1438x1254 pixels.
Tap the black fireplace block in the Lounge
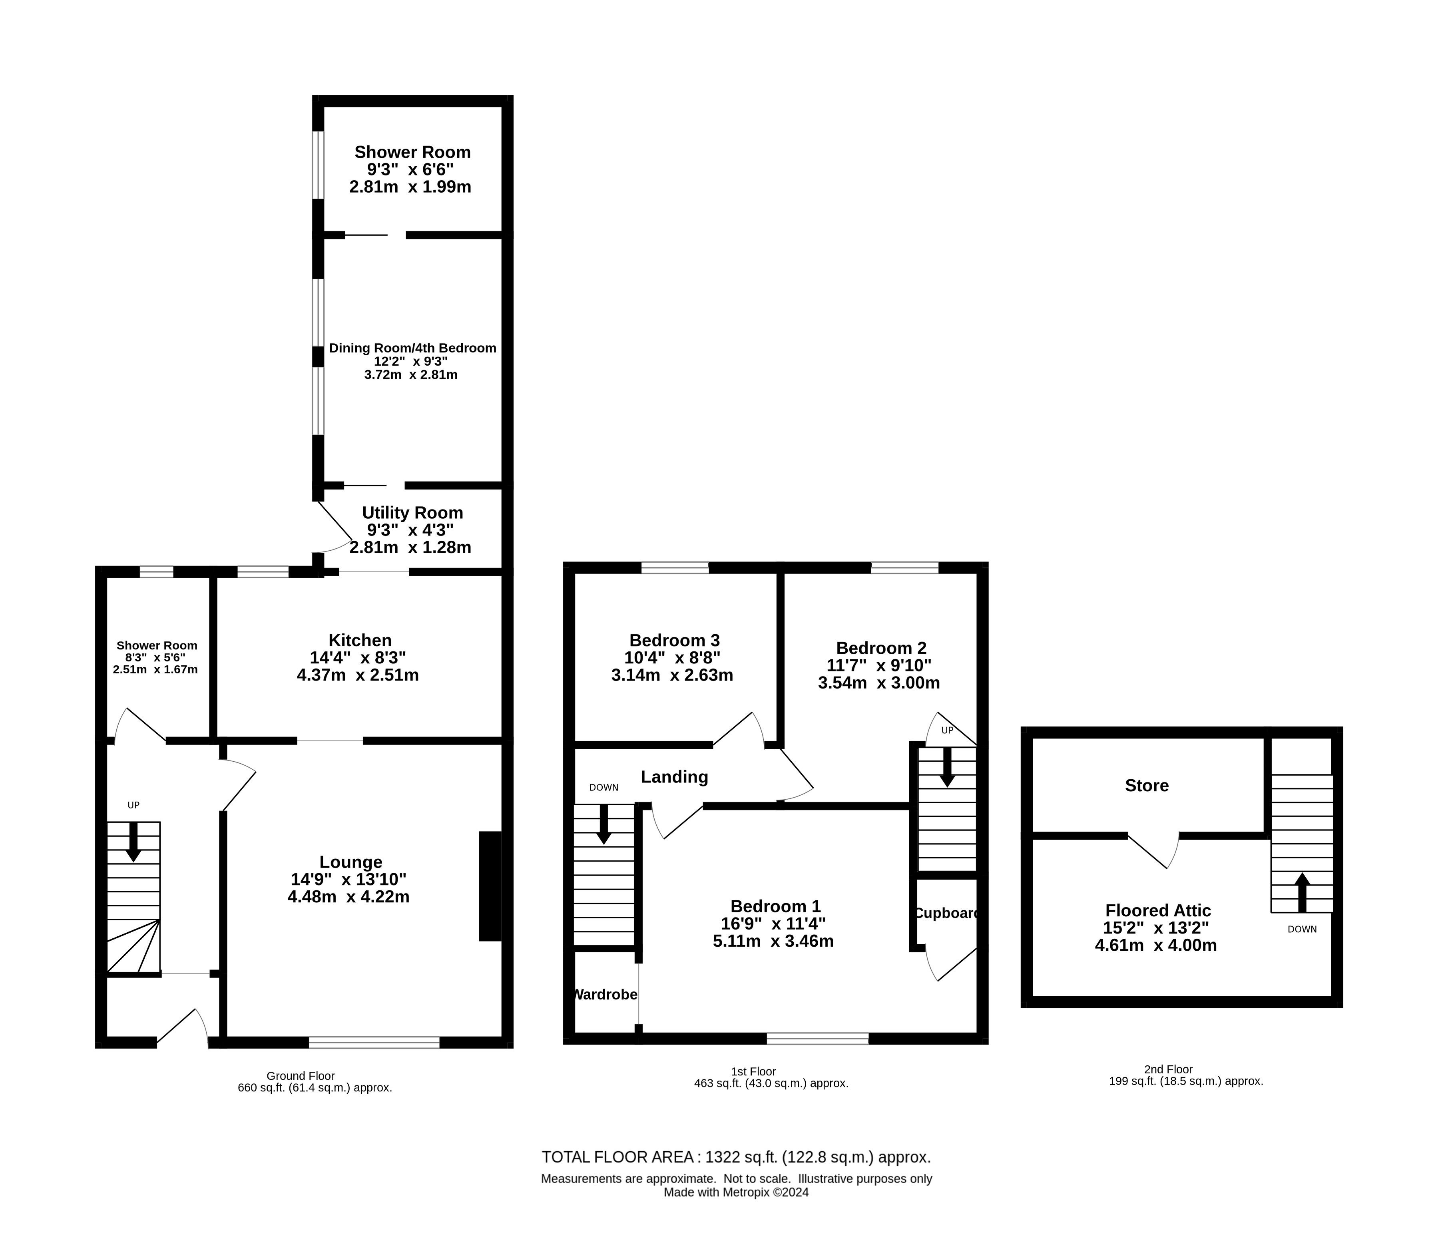[x=490, y=886]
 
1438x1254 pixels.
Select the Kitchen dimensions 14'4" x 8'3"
[x=358, y=658]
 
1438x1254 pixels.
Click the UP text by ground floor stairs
[x=133, y=806]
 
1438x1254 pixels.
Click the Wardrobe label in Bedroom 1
[x=605, y=994]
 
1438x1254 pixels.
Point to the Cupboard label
[x=946, y=913]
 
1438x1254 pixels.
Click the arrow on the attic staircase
[x=1302, y=893]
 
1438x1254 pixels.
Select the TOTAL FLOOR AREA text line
[x=736, y=1157]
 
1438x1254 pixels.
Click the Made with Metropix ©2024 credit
[x=736, y=1192]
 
